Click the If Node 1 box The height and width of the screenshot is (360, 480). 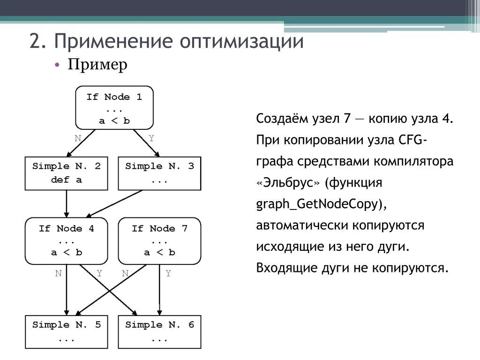[x=114, y=108]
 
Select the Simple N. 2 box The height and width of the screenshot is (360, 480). [x=66, y=173]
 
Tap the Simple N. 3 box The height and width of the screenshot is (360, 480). [x=159, y=173]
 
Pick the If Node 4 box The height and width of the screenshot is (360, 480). [x=66, y=240]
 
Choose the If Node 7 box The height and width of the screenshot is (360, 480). [x=159, y=240]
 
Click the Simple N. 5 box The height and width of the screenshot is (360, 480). [x=66, y=331]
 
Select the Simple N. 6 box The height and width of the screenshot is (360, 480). [x=159, y=331]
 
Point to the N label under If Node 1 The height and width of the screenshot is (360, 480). [x=78, y=138]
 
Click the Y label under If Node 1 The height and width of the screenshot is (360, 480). [x=151, y=138]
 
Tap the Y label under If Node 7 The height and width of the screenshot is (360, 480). [x=168, y=274]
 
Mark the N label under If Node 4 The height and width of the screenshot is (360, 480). [x=58, y=274]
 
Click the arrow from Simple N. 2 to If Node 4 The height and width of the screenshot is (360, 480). [x=66, y=204]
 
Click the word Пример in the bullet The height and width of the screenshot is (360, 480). [x=97, y=65]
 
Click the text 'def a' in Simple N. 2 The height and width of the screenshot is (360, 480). [x=66, y=180]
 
